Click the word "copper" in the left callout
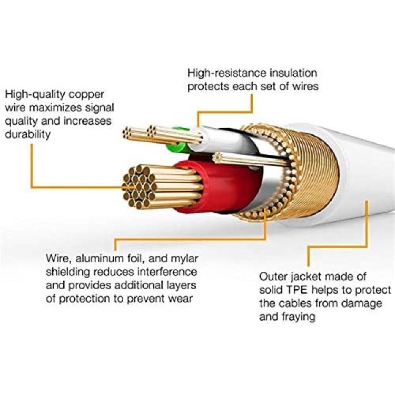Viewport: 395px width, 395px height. (x=86, y=95)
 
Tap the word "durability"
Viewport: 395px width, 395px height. (x=28, y=134)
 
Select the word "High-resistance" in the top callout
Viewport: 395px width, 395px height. (x=226, y=73)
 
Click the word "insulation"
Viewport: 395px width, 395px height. (x=293, y=73)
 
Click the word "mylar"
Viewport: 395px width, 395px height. (x=184, y=259)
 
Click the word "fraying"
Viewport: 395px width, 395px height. (x=298, y=317)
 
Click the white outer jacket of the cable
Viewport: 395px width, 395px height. (x=366, y=176)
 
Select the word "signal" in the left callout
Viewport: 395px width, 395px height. (x=100, y=108)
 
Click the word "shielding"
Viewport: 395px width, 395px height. (x=68, y=272)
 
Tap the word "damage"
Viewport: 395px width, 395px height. (x=362, y=303)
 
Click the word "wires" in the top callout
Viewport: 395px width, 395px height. (x=305, y=86)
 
